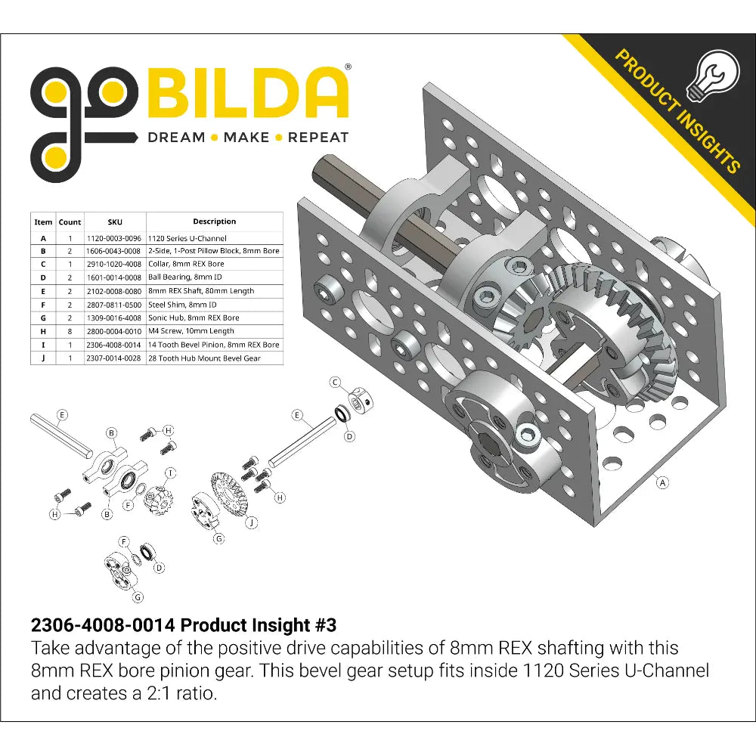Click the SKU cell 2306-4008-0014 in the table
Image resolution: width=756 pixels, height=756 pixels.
pos(114,345)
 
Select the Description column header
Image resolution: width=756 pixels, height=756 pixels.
pos(215,222)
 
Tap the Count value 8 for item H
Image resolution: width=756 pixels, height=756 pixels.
pos(70,331)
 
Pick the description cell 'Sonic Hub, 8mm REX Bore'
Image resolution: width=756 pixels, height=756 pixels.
pos(194,318)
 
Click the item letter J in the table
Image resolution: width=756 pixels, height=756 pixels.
pos(43,358)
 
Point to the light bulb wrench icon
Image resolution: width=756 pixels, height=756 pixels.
pos(713,76)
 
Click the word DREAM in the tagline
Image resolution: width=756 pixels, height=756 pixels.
pos(176,138)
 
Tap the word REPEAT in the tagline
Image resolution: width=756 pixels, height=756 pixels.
pos(318,138)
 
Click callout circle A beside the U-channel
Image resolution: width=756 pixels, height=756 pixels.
pos(663,482)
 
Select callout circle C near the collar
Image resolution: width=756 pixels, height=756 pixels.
pos(335,383)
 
